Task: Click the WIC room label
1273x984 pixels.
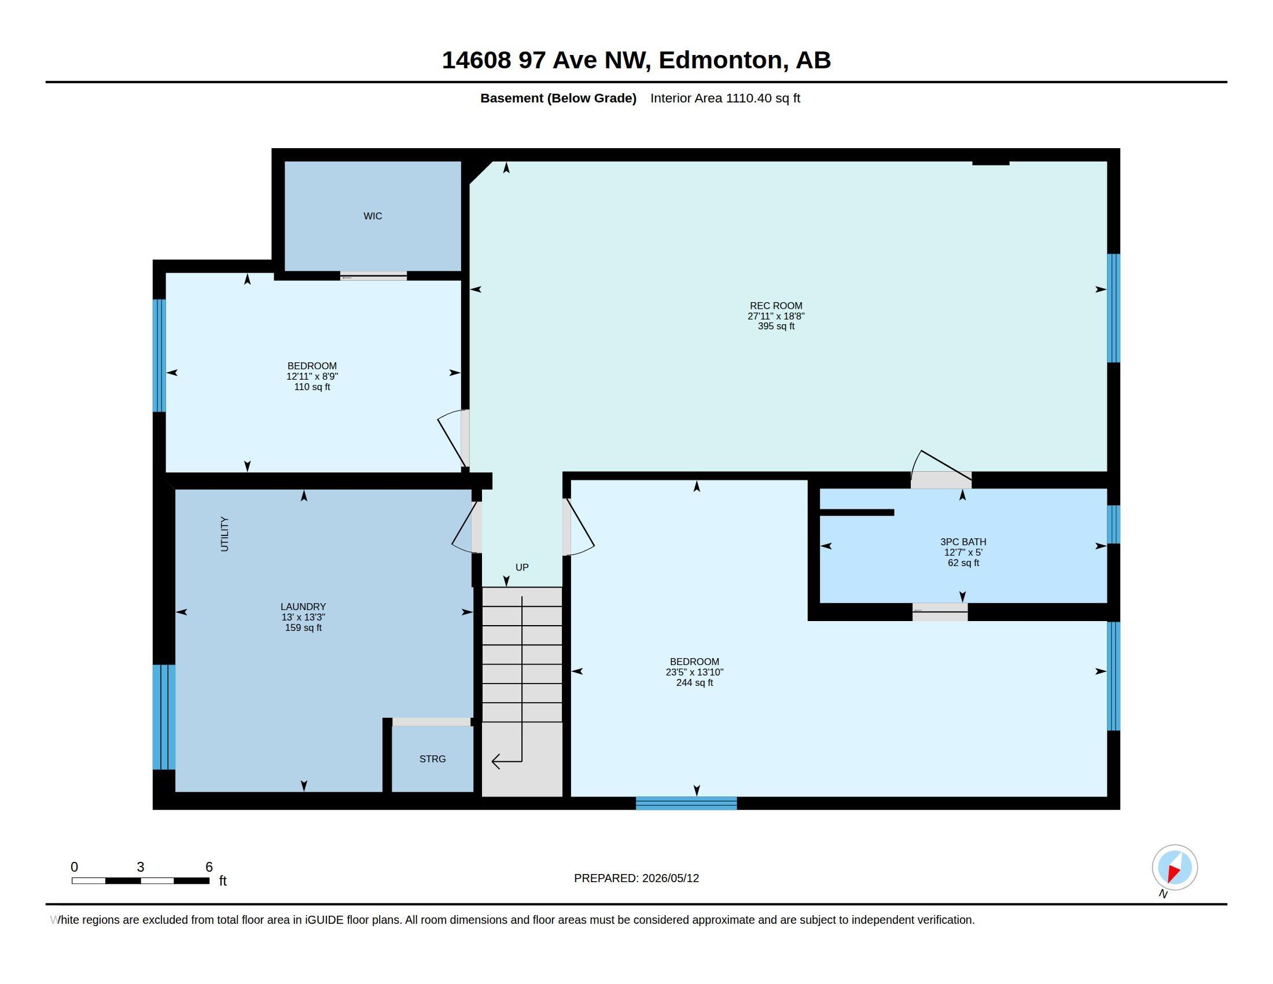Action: coord(373,216)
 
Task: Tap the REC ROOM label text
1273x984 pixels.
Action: coord(776,306)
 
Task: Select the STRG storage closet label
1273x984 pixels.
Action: coord(432,759)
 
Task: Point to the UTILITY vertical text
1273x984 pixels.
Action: coord(225,534)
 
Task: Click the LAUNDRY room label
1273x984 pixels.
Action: coord(303,607)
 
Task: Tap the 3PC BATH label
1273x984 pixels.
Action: coord(963,542)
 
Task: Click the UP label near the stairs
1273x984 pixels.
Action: coord(522,567)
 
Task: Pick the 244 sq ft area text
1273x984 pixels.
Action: coord(694,682)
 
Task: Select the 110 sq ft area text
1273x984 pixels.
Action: coord(312,387)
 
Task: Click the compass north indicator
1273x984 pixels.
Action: coord(1175,868)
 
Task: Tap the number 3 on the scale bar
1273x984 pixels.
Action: coord(141,867)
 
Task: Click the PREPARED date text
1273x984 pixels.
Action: coord(636,879)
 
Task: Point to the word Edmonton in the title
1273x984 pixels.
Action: coord(720,60)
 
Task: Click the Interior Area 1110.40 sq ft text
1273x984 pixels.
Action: coord(725,98)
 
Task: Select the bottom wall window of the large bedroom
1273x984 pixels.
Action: coord(686,803)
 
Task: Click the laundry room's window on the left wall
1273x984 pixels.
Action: coord(164,717)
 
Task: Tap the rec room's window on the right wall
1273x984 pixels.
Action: coord(1113,308)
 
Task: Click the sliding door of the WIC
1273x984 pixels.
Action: coord(374,276)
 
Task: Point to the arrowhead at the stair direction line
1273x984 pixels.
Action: coord(496,761)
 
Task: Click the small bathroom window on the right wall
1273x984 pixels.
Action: coord(1113,524)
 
